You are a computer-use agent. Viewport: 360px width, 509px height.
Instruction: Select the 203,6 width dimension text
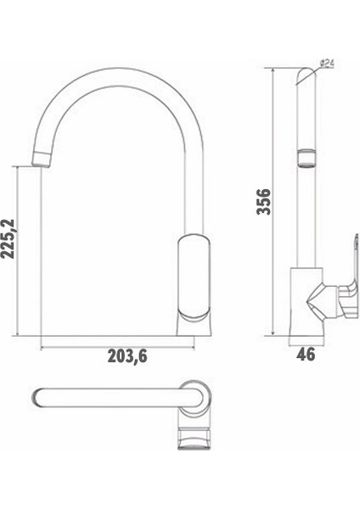[128, 356]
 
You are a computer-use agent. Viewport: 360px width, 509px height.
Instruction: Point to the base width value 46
[307, 354]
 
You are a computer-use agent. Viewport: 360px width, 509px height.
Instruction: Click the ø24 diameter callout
[328, 64]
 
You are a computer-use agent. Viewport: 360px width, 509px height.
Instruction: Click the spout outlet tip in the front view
[42, 155]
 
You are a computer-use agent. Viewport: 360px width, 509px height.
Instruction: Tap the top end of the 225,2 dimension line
[17, 165]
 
